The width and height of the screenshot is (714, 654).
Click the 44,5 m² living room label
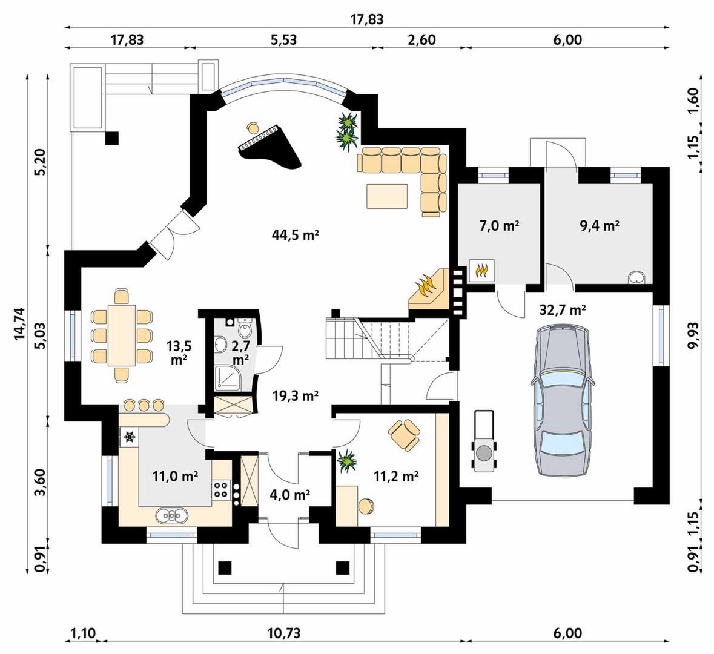[294, 235]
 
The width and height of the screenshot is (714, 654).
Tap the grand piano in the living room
[269, 147]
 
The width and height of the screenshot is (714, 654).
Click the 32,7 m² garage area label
[563, 310]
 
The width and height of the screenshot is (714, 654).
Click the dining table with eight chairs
[122, 335]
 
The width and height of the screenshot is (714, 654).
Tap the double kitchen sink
[171, 515]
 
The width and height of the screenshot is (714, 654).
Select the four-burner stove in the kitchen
[221, 489]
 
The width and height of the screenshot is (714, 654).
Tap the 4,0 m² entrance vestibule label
[290, 495]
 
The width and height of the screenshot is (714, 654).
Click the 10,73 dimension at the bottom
[284, 633]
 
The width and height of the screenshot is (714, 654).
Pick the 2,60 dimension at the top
[421, 39]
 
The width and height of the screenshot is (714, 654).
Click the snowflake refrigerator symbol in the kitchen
[130, 437]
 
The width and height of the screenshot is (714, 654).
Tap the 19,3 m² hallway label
[295, 396]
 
